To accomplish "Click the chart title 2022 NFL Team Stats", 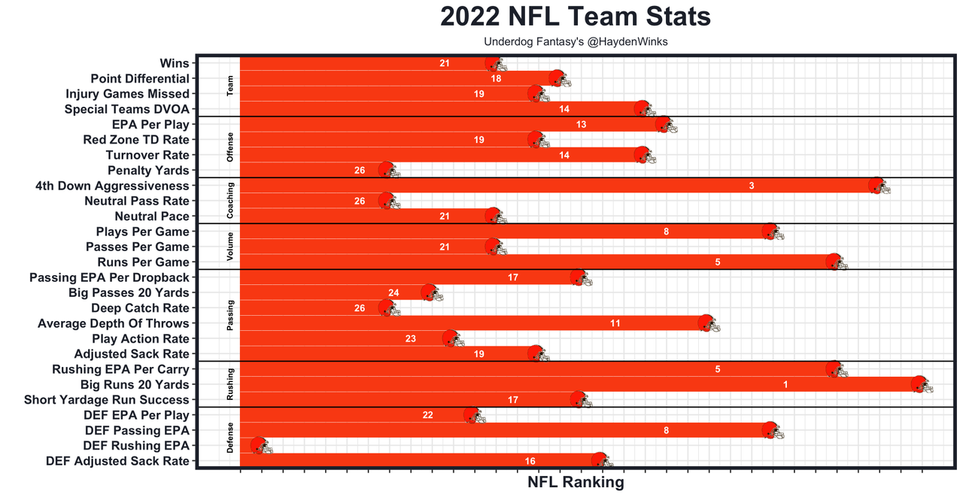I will tap(576, 17).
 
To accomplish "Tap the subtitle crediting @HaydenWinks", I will tap(576, 42).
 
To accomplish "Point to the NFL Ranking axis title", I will tap(576, 483).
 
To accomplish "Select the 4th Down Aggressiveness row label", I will tap(112, 186).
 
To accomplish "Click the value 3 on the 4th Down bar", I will tap(752, 186).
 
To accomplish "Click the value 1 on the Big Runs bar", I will tap(785, 385).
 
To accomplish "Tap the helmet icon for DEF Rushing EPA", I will tap(259, 446).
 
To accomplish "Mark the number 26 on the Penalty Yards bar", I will tap(360, 171).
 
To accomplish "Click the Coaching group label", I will tap(231, 201).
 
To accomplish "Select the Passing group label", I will tap(231, 316).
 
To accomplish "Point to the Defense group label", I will tap(231, 438).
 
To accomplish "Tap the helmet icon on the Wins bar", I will tap(494, 64).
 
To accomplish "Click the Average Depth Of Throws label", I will tap(114, 323).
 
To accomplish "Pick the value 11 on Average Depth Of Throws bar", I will tap(615, 323).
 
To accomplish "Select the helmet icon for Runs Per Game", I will tap(834, 262).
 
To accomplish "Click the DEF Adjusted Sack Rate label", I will tap(117, 461).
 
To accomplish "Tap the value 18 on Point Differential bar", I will tap(497, 79).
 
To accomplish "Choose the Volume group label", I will tap(231, 247).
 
